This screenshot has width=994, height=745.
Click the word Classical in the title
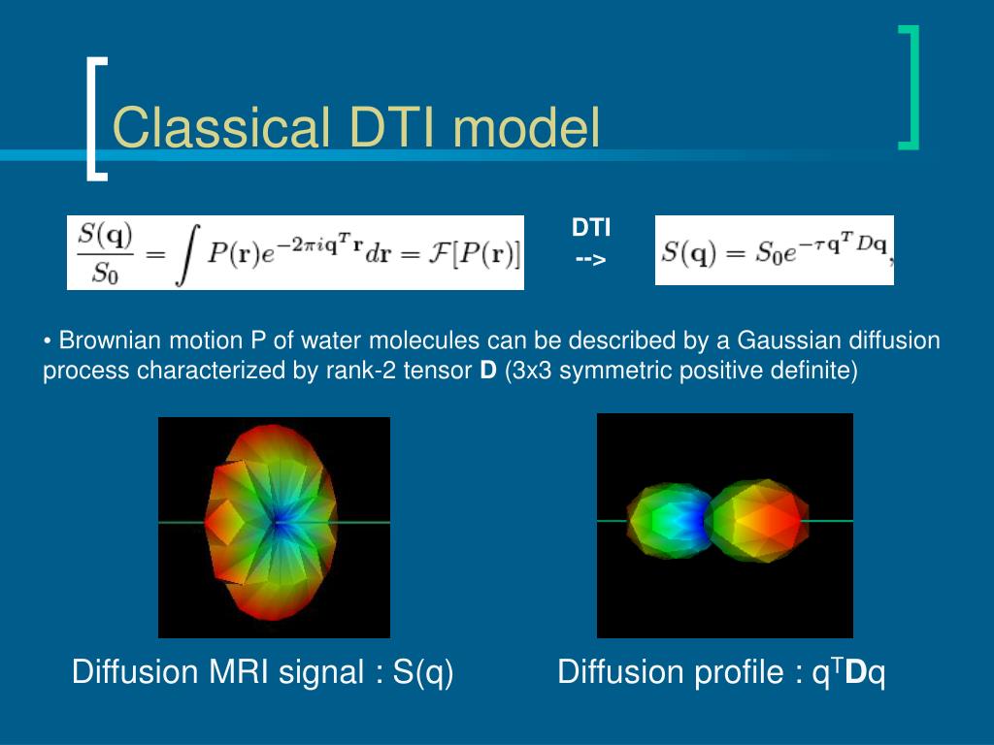[x=220, y=127]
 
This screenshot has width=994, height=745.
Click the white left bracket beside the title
[x=96, y=119]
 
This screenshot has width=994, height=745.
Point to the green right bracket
[x=909, y=87]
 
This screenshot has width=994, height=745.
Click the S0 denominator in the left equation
[x=105, y=273]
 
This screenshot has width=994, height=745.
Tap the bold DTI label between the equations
[x=591, y=227]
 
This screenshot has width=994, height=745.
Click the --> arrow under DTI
[x=591, y=259]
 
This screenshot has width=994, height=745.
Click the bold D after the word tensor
[x=488, y=370]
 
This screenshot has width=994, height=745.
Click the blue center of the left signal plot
[x=277, y=522]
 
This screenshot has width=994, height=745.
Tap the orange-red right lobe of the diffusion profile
[x=757, y=520]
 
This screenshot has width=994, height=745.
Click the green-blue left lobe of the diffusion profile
[x=667, y=521]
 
